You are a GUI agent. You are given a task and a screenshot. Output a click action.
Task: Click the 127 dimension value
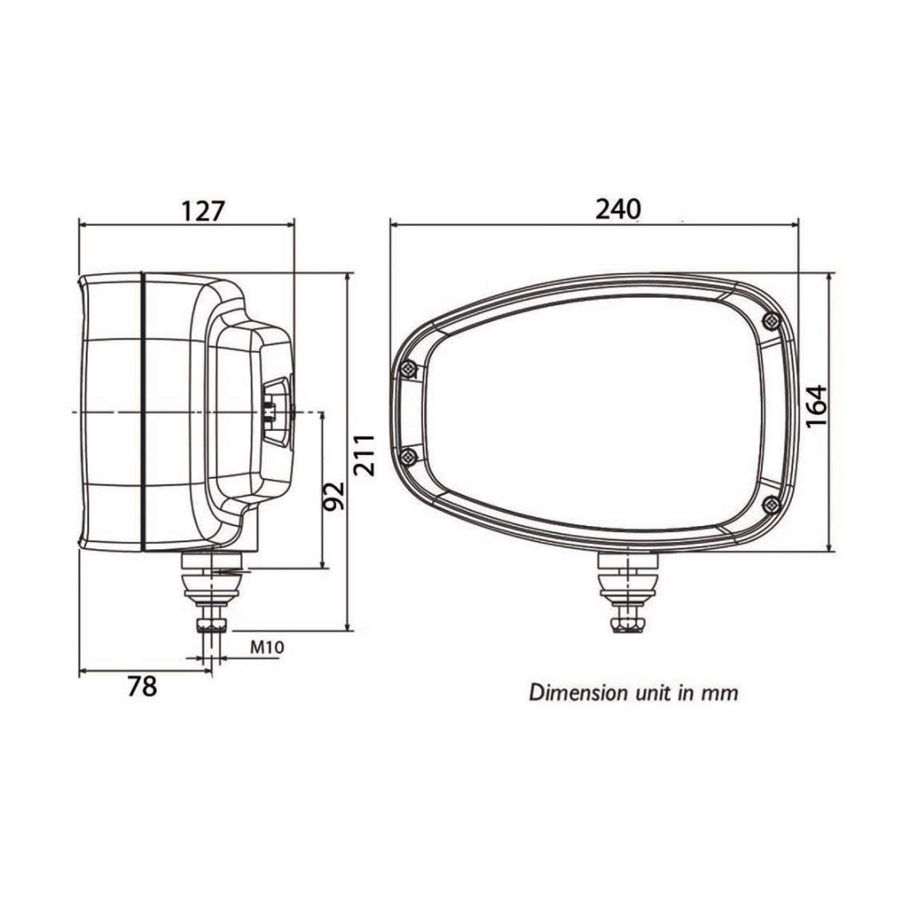coord(203,212)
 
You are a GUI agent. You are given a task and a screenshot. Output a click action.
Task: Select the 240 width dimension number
coord(618,210)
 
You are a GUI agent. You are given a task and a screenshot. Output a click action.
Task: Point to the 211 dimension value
coord(365,455)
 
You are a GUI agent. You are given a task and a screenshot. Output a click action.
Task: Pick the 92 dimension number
coord(333,496)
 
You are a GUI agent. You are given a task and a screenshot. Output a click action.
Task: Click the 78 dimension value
coord(142,687)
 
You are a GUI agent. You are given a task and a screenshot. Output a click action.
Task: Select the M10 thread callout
coord(267,647)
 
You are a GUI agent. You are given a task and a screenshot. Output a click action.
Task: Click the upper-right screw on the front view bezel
coord(770,319)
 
